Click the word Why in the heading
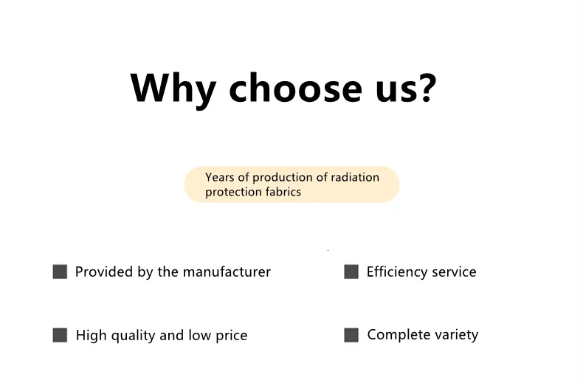click(173, 89)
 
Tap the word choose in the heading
click(296, 87)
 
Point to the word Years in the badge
click(220, 177)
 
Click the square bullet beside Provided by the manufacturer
click(60, 272)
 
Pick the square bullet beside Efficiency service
click(351, 272)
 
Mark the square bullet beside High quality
click(60, 334)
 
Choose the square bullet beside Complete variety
click(351, 334)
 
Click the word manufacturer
click(227, 272)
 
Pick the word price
click(231, 336)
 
